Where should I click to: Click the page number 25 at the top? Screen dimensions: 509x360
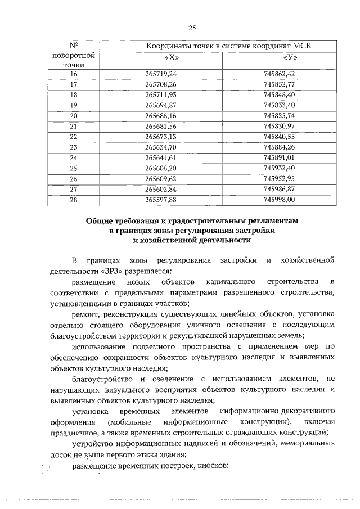tap(191, 28)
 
